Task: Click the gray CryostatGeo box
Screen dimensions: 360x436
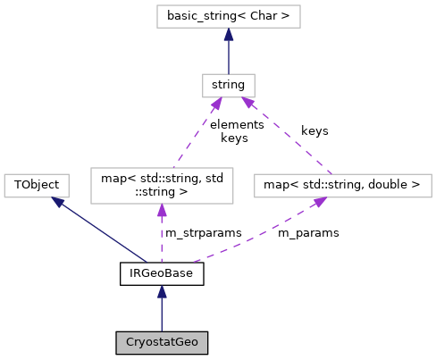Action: (162, 343)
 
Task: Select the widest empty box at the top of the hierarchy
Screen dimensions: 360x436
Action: (228, 17)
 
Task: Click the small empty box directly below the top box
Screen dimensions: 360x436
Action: (228, 86)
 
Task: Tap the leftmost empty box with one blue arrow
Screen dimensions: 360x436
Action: (37, 186)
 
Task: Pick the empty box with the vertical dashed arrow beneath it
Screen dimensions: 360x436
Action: (162, 186)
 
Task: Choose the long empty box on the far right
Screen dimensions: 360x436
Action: (342, 186)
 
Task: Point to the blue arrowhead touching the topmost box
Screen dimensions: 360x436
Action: (229, 35)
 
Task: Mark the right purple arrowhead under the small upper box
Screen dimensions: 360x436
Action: (249, 105)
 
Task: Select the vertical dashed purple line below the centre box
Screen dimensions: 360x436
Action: (162, 237)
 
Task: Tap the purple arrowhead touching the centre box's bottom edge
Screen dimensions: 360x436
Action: (162, 212)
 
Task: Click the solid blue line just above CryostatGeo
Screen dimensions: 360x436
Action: (162, 314)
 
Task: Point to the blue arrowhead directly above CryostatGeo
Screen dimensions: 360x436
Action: (162, 292)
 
